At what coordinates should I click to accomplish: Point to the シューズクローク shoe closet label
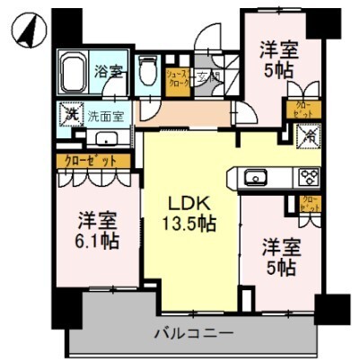tap(177, 84)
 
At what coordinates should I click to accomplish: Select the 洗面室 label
tap(105, 115)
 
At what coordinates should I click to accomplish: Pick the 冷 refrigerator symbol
tap(308, 137)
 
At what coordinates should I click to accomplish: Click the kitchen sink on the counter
tap(256, 177)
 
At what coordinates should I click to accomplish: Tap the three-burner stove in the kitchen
tap(310, 177)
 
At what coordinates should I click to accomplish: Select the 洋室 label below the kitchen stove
tap(279, 244)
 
